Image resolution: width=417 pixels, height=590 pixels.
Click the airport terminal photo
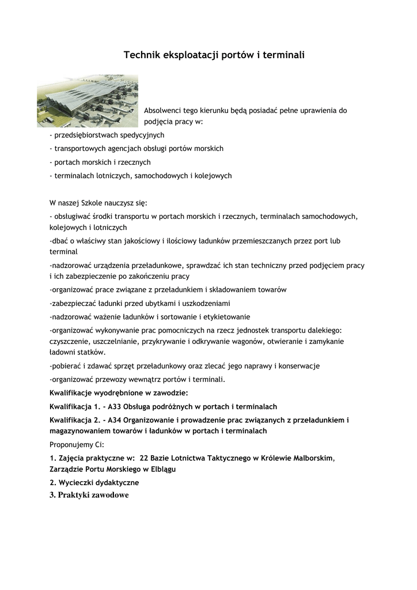click(88, 100)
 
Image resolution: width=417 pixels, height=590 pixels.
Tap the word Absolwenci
click(162, 110)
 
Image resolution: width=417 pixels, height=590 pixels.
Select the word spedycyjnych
click(142, 135)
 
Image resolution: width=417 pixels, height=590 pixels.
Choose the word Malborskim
click(309, 458)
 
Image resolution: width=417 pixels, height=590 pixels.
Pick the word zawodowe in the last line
click(109, 496)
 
